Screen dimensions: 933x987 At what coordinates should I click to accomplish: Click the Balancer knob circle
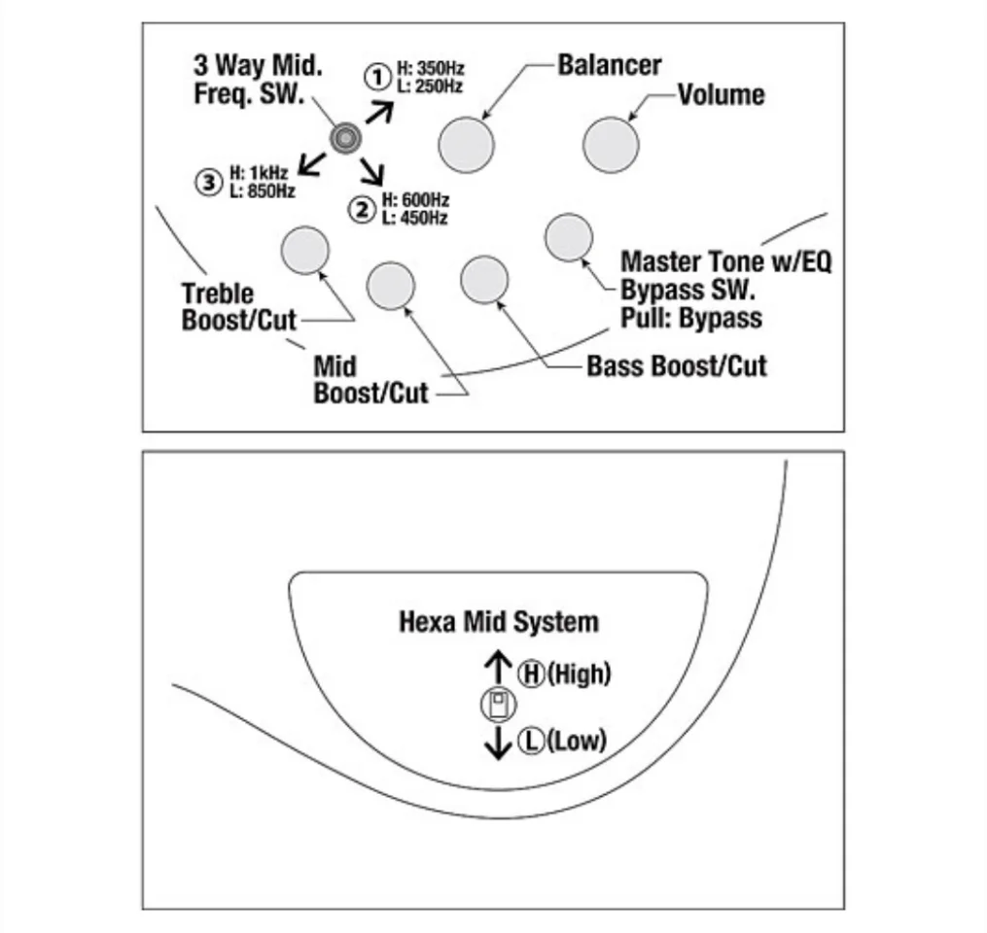tap(466, 145)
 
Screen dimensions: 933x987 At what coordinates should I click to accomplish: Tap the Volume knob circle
tap(611, 145)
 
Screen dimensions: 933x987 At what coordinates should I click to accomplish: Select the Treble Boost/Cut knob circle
tap(304, 250)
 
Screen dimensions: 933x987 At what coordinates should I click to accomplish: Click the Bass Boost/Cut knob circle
tap(484, 280)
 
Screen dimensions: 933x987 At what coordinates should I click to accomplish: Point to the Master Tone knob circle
tap(569, 238)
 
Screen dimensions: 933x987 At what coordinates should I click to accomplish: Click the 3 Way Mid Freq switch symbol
tap(343, 139)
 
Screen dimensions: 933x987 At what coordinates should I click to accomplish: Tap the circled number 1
tap(376, 76)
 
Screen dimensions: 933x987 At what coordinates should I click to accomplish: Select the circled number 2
tap(363, 209)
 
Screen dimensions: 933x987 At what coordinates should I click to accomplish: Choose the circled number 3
tap(208, 182)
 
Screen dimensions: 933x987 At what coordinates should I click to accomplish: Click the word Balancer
tap(609, 65)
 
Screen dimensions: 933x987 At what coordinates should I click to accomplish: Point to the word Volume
tap(721, 95)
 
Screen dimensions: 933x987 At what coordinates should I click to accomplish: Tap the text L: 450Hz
tap(415, 219)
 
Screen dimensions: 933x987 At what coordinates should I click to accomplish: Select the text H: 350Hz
tap(430, 70)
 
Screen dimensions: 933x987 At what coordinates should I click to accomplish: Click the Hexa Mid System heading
tap(499, 622)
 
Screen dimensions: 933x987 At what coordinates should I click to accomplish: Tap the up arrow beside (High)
tap(498, 668)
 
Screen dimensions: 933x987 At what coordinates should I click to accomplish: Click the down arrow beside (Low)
tap(498, 743)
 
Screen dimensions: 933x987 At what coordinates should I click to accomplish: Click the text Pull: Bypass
tap(690, 318)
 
